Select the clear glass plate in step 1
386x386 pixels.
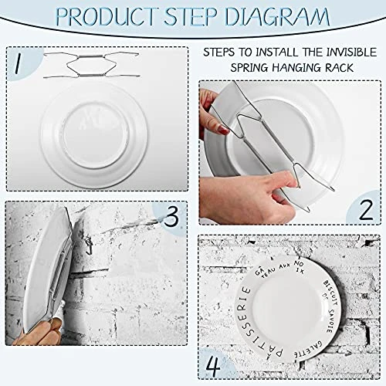(93, 131)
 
